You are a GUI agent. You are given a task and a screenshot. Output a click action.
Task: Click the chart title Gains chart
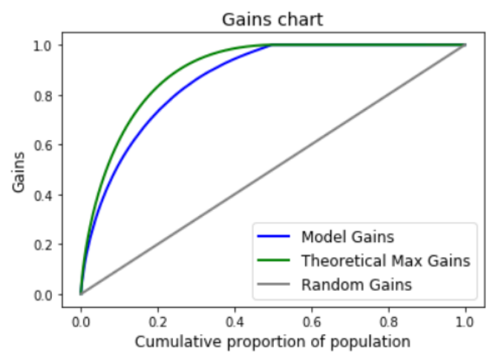point(272,19)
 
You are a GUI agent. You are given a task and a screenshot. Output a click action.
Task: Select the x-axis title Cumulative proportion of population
point(272,341)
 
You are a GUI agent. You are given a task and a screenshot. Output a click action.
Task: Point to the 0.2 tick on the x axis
point(157,322)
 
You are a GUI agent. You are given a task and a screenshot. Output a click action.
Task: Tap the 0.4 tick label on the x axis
point(235,322)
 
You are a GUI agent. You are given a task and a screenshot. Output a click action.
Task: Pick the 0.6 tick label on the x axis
point(312,322)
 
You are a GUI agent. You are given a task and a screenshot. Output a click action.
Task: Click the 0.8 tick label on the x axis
point(388,322)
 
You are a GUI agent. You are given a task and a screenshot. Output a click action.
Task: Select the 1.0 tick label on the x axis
point(465,322)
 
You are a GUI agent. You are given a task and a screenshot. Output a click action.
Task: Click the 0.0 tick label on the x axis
point(80,322)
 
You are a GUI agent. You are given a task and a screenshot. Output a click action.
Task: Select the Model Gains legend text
point(347,238)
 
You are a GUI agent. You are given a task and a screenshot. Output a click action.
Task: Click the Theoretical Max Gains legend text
point(385,261)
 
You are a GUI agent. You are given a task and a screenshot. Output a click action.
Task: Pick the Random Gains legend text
point(356,284)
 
